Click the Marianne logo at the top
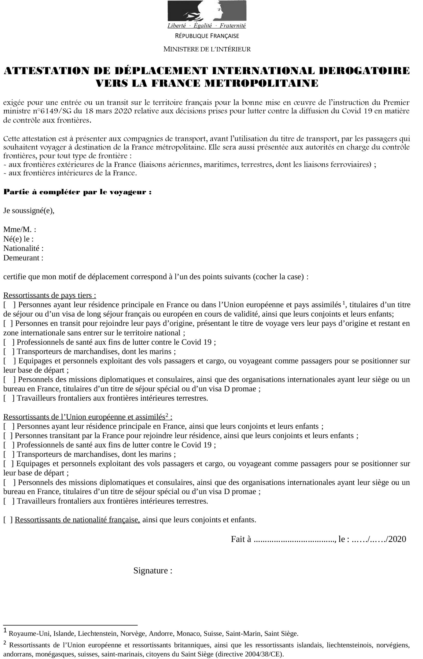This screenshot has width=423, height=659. tap(207, 11)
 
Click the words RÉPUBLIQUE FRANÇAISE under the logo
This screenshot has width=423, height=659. tap(207, 36)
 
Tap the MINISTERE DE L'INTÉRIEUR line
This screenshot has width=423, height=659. tap(207, 49)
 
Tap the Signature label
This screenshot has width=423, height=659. tap(153, 571)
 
